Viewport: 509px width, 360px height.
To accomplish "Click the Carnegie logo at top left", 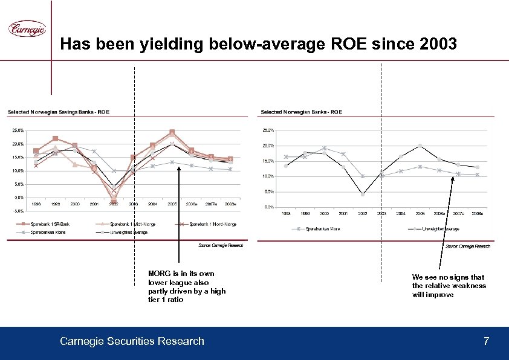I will [27, 28].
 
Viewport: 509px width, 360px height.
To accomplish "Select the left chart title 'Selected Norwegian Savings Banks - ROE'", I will [59, 112].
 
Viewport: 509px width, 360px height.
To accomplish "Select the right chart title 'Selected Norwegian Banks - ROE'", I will [301, 112].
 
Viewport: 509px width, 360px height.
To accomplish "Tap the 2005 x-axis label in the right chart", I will [420, 214].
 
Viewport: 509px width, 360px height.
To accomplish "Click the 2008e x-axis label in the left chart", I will [230, 204].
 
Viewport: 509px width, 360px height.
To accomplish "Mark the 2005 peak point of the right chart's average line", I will [420, 146].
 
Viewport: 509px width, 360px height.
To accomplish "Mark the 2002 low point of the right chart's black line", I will [362, 194].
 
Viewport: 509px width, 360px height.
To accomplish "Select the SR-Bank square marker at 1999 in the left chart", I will [55, 138].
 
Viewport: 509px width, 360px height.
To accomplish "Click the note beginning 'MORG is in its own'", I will [186, 286].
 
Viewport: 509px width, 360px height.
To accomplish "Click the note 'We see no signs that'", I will [449, 286].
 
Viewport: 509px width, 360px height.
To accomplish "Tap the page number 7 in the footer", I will [486, 341].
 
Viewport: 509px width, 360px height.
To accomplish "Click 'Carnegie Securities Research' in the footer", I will [132, 341].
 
